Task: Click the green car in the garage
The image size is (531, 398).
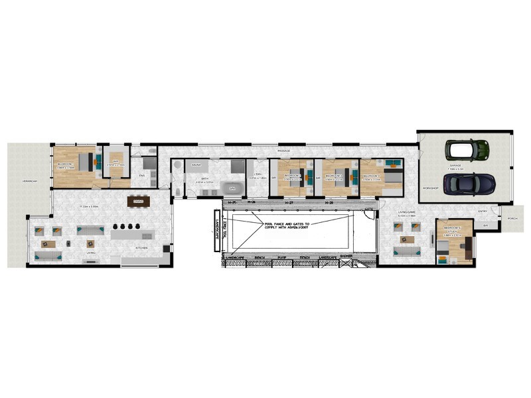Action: [x=468, y=149]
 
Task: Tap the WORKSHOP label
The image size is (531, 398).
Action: [x=430, y=189]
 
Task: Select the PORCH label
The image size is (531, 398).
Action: [x=512, y=218]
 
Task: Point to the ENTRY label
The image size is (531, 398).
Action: [x=483, y=212]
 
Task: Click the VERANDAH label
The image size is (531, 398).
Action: [x=29, y=180]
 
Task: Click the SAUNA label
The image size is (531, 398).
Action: [x=196, y=164]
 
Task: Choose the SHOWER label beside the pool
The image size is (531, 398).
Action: [x=346, y=257]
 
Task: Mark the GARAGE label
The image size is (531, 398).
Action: [x=456, y=166]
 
